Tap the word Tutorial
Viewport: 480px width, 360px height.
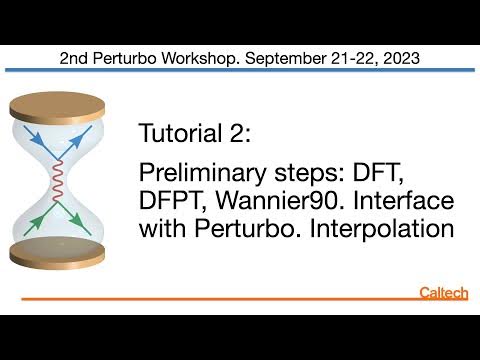pos(180,134)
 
